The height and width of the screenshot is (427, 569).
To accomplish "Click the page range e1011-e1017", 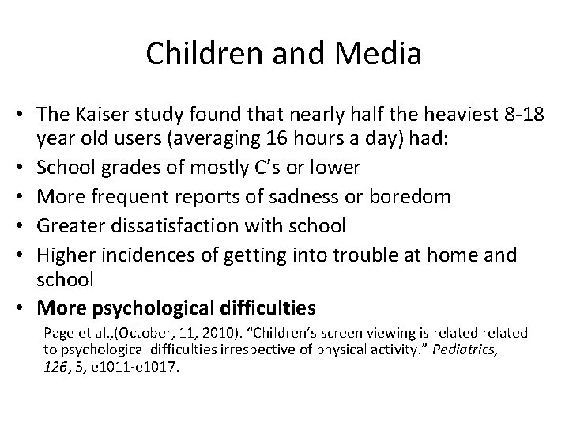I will tap(138, 367).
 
